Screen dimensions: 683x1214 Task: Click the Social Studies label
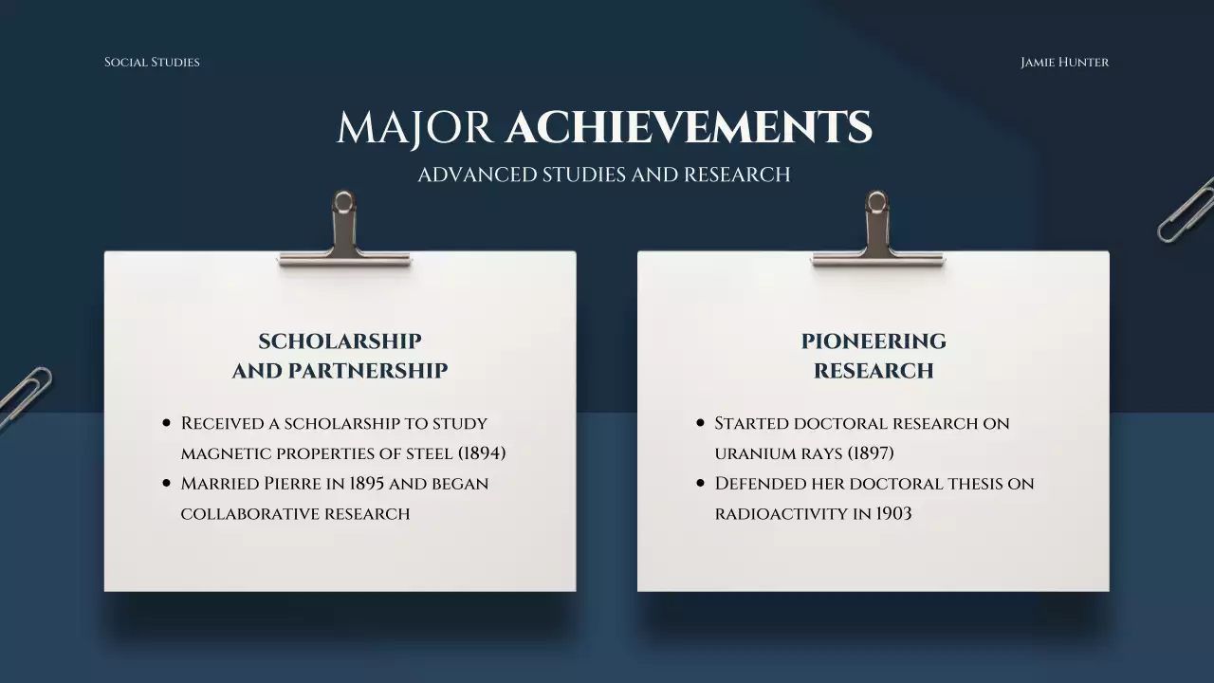[152, 63]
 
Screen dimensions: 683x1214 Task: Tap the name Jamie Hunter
[1064, 63]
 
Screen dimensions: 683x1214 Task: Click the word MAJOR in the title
[414, 128]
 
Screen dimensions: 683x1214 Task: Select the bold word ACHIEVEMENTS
[689, 128]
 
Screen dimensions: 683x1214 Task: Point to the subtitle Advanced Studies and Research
[604, 175]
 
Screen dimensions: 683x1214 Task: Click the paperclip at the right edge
[1186, 210]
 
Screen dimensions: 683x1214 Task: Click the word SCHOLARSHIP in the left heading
[340, 341]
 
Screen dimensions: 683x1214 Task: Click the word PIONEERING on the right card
[874, 341]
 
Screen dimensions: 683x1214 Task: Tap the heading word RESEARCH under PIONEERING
[874, 371]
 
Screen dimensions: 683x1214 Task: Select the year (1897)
[871, 453]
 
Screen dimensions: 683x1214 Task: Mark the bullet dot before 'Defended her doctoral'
[701, 484]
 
